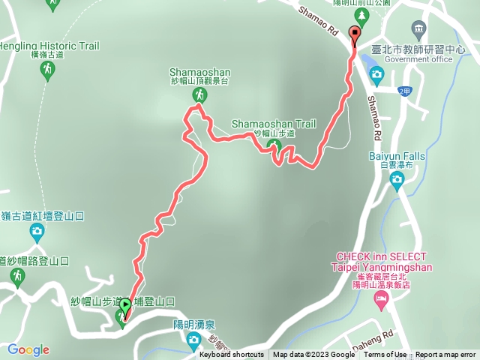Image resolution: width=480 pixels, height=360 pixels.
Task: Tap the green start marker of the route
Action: tap(124, 305)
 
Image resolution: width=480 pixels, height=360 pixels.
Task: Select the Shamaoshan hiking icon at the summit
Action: tap(199, 94)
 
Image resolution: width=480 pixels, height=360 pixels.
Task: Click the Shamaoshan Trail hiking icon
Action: tap(274, 146)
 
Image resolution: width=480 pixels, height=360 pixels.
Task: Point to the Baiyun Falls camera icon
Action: tap(397, 178)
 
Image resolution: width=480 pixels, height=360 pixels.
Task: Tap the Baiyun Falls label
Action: tap(397, 156)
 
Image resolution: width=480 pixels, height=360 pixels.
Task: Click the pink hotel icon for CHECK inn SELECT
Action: tap(382, 301)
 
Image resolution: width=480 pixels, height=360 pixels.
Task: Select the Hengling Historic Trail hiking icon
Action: tap(47, 70)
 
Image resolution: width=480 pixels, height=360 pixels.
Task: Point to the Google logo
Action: tap(28, 349)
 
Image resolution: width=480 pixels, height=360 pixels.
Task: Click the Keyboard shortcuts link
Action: tap(232, 355)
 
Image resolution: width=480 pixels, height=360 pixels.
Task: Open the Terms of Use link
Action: tap(385, 355)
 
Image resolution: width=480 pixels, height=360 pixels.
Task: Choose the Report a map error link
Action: tap(445, 355)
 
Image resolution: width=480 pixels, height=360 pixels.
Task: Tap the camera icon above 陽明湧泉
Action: tap(194, 340)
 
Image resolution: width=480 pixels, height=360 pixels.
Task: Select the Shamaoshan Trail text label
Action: tap(274, 124)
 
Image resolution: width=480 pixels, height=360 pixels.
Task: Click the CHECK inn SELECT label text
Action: tap(382, 256)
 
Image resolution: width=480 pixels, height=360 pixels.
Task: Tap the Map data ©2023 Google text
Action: tap(314, 355)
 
